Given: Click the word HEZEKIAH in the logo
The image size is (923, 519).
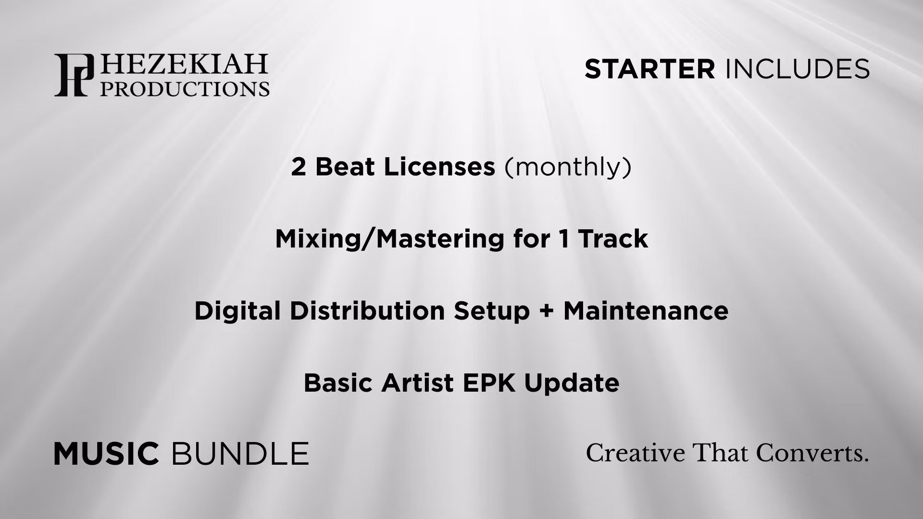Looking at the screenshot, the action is pyautogui.click(x=183, y=65).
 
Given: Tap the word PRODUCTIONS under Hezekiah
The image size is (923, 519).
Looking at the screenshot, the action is pyautogui.click(x=185, y=88).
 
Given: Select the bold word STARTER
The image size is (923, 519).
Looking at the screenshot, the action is pyautogui.click(x=649, y=69).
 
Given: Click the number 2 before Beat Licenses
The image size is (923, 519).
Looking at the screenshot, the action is pyautogui.click(x=298, y=167).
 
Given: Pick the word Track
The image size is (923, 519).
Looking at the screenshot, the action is pyautogui.click(x=613, y=239).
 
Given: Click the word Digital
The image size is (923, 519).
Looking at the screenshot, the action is pyautogui.click(x=237, y=311).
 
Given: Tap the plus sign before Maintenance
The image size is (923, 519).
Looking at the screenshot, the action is pyautogui.click(x=547, y=311).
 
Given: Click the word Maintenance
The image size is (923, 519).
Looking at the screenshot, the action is pyautogui.click(x=646, y=310).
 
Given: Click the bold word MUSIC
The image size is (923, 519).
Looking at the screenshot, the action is pyautogui.click(x=106, y=454).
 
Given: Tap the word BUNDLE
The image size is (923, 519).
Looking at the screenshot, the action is pyautogui.click(x=240, y=454).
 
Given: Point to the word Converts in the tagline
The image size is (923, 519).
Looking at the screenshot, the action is pyautogui.click(x=812, y=453).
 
